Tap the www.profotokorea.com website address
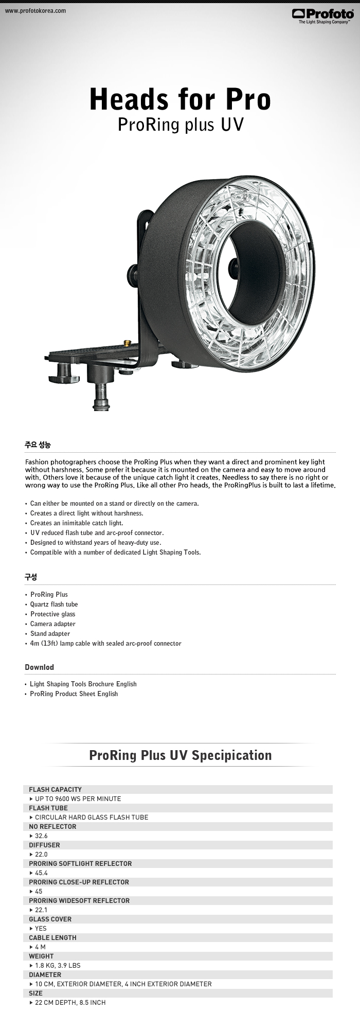[35, 11]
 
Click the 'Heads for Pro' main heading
[180, 100]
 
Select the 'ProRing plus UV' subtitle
[180, 125]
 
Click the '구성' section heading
[31, 577]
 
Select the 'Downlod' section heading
[39, 667]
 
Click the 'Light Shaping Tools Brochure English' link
[83, 684]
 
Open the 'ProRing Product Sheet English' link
[74, 694]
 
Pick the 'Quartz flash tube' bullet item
[54, 605]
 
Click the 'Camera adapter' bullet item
[52, 624]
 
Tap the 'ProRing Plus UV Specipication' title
[180, 755]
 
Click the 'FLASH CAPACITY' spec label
[55, 789]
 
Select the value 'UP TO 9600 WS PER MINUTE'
[78, 799]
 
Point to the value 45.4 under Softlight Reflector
[41, 873]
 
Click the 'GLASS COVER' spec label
[50, 919]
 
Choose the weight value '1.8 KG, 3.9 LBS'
[58, 966]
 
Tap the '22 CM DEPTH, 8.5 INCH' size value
[70, 1003]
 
